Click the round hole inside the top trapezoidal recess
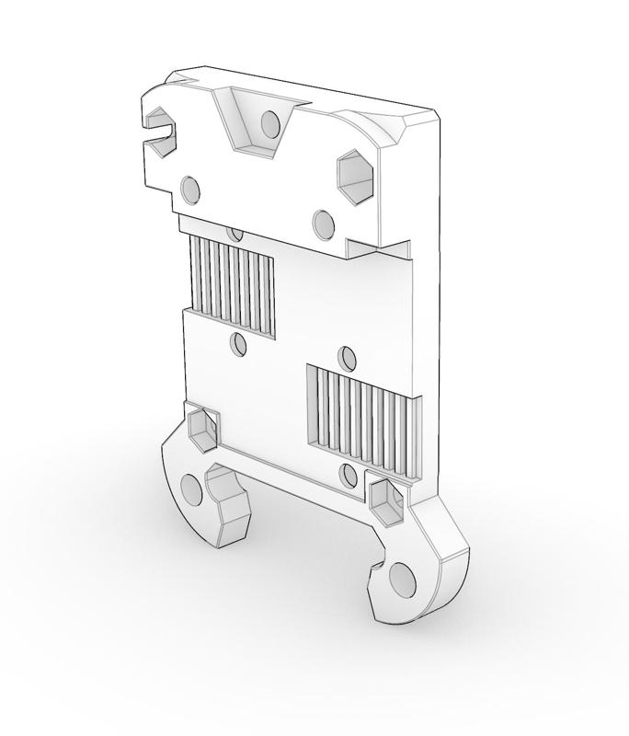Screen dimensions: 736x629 point(269,123)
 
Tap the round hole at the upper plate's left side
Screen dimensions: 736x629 point(190,190)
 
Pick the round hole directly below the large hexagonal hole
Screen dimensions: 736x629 point(324,223)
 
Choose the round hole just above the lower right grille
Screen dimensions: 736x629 point(348,357)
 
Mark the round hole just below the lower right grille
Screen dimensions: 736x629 point(348,475)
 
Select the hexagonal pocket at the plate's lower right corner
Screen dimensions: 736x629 point(385,502)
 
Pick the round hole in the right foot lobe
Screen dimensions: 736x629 point(402,580)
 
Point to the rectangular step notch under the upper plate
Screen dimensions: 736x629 point(379,248)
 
